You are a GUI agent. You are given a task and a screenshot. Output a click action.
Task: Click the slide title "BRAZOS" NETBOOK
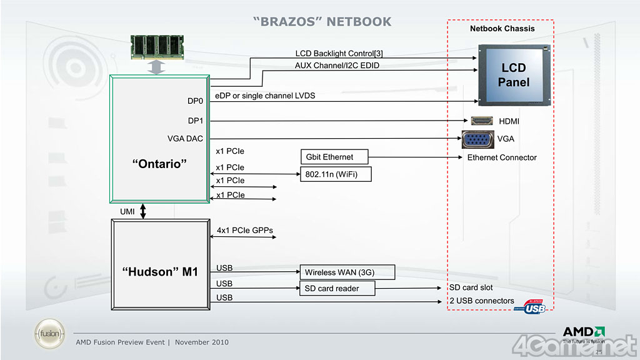322,22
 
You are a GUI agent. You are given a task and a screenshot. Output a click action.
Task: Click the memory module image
159,46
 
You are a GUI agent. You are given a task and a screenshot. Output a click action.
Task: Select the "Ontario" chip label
159,163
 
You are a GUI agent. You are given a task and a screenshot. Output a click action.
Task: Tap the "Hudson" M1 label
160,271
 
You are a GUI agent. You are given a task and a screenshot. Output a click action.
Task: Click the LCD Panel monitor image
514,74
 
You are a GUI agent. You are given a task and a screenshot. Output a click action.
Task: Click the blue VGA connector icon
477,139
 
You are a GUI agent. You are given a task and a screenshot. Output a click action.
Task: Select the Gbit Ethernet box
334,157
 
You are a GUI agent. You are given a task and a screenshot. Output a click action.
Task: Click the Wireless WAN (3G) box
347,272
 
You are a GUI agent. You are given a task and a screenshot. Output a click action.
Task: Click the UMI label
127,212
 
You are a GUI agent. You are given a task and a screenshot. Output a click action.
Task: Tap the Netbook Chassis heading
502,29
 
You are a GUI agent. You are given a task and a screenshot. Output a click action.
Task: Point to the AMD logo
584,332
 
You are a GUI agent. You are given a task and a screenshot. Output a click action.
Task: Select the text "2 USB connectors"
482,301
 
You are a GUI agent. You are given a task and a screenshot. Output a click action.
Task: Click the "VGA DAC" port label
185,139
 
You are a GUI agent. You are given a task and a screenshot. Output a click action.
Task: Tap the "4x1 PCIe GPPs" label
245,231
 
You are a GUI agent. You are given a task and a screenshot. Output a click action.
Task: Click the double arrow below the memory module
158,67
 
